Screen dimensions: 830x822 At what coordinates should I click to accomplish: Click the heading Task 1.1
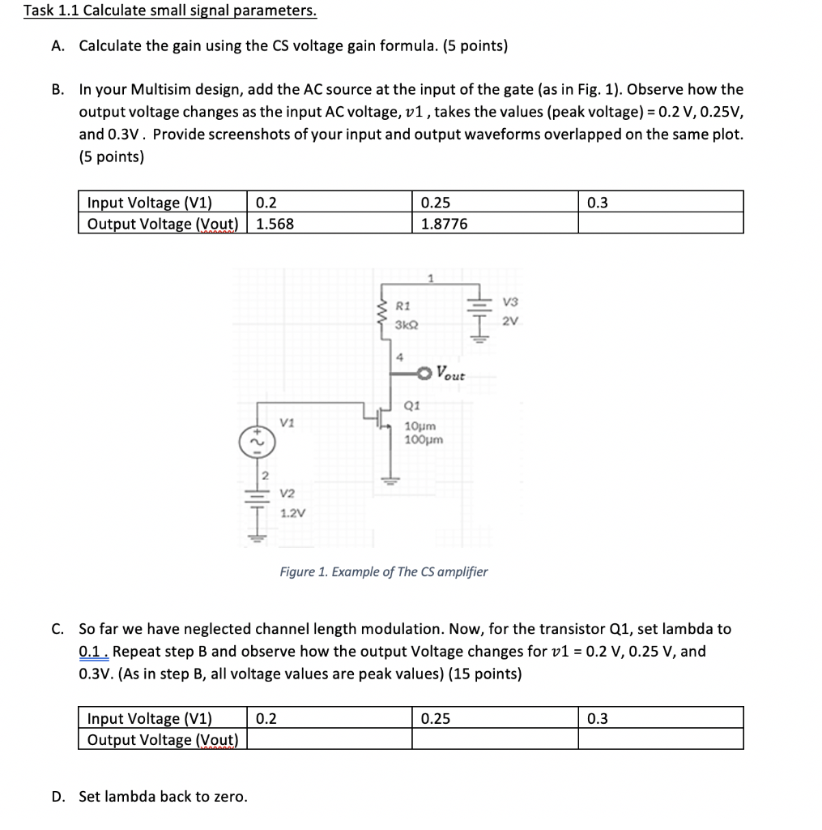coord(169,11)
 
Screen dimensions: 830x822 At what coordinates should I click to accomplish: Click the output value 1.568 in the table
coord(275,224)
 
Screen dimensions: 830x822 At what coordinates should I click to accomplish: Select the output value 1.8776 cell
coord(444,224)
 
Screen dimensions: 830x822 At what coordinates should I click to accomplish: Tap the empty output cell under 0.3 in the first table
coord(659,224)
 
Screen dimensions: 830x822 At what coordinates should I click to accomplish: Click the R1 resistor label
coord(403,306)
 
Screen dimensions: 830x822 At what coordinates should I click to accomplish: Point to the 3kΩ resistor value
coord(407,324)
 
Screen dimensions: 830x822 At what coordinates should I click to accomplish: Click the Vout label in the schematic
coord(450,374)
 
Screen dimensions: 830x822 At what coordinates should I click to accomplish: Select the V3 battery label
coord(509,302)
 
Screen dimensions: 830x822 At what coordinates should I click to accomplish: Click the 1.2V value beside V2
coord(292,513)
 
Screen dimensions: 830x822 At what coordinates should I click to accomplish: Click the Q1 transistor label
coord(411,406)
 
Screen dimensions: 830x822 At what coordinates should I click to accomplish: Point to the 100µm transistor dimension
coord(424,439)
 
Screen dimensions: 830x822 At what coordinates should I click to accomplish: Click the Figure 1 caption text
coord(383,572)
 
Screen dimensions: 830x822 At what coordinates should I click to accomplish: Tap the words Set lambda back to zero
coord(163,797)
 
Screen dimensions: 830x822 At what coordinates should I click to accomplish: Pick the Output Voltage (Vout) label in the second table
coord(162,739)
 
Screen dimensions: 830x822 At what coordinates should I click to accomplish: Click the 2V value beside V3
coord(509,321)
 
